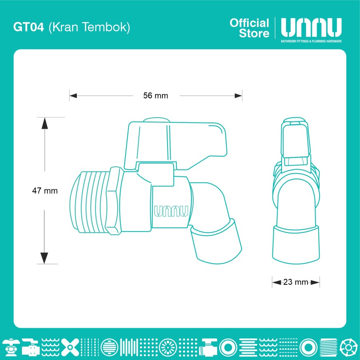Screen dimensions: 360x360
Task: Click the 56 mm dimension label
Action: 156,96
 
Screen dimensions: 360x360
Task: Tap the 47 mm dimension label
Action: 45,190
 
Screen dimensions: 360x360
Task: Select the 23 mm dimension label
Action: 296,282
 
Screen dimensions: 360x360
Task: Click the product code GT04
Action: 28,27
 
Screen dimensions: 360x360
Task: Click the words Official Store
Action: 249,28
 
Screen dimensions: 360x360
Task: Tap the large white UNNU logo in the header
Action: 311,28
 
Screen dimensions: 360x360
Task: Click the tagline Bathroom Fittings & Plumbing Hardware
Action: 311,41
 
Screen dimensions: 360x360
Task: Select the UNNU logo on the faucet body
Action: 171,211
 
